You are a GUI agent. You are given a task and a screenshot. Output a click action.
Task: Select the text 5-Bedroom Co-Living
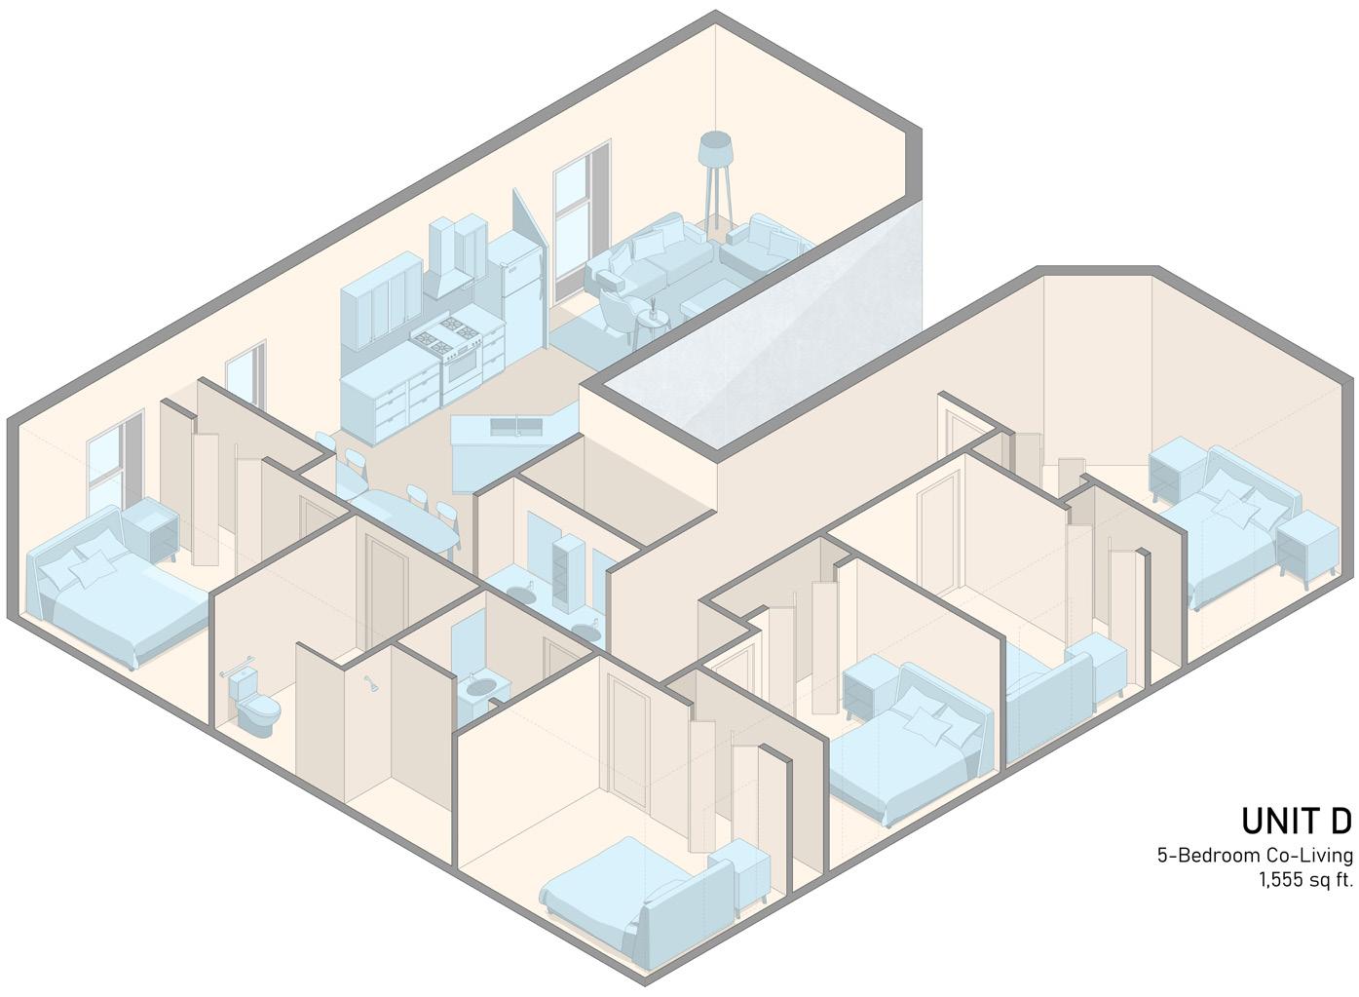click(x=1255, y=856)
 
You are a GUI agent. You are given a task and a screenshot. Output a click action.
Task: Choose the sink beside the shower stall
click(x=479, y=688)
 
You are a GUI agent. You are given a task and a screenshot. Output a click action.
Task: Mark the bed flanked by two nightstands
click(x=1230, y=521)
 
